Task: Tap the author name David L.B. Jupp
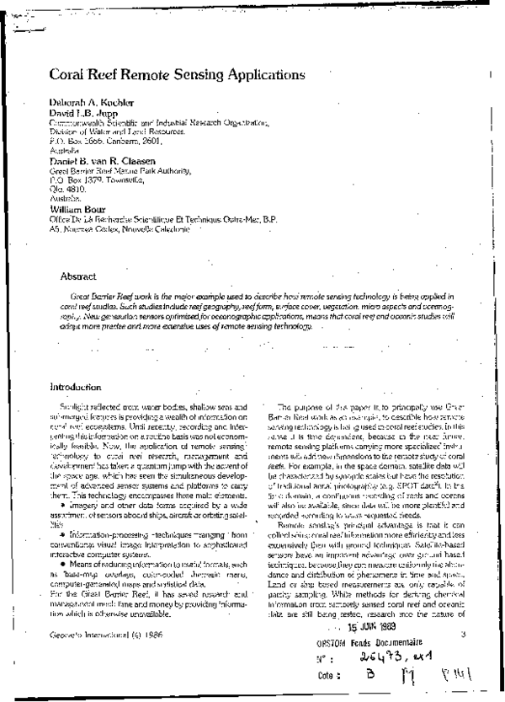[79, 114]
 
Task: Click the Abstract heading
[78, 276]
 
